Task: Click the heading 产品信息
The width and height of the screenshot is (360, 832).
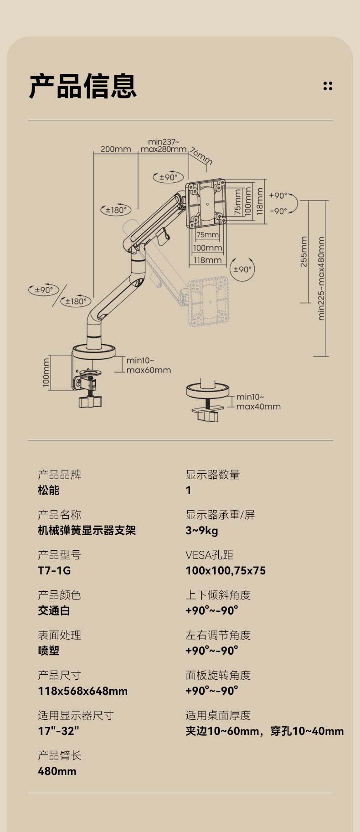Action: click(x=82, y=86)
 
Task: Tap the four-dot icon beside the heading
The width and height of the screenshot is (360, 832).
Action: click(x=328, y=86)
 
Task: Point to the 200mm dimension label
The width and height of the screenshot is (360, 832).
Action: click(x=115, y=149)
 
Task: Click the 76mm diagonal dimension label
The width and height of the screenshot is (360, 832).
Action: click(x=201, y=155)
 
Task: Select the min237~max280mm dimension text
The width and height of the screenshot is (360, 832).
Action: click(x=164, y=145)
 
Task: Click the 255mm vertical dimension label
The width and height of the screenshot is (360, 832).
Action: click(x=304, y=251)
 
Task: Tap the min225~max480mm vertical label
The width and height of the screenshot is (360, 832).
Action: click(x=321, y=278)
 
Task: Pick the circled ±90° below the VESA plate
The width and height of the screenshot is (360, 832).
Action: click(x=242, y=269)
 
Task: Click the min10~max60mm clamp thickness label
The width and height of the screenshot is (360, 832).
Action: click(x=149, y=366)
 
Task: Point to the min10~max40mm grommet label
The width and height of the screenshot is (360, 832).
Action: click(x=258, y=402)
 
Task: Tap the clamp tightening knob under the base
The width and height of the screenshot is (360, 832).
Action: click(x=90, y=401)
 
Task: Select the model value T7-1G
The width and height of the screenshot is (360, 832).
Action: click(x=54, y=570)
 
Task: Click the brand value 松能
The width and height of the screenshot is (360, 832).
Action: click(x=49, y=490)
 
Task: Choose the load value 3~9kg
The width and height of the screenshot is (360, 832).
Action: click(x=201, y=530)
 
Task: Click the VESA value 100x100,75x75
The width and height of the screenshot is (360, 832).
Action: click(x=226, y=570)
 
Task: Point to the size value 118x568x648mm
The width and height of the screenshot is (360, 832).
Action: click(x=82, y=691)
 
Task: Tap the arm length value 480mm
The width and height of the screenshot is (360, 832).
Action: click(x=57, y=771)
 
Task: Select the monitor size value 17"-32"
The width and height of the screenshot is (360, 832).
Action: click(x=58, y=731)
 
